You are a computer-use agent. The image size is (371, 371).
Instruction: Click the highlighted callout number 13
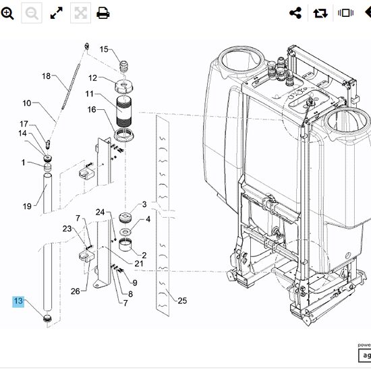(x=18, y=301)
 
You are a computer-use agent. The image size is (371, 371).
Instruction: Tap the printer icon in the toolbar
(x=103, y=13)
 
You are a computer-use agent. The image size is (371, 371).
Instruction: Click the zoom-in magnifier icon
(x=7, y=13)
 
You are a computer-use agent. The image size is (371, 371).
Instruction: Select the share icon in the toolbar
(x=295, y=13)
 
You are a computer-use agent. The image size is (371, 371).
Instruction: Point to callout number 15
(x=104, y=49)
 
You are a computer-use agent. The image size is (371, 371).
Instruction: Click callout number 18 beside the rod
(x=47, y=76)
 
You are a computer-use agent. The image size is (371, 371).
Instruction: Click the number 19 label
(x=27, y=206)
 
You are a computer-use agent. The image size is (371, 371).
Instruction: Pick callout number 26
(x=75, y=291)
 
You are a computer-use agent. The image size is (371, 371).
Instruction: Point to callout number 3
(x=144, y=204)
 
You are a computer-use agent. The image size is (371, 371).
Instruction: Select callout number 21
(x=139, y=263)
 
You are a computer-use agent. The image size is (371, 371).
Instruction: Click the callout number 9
(x=135, y=283)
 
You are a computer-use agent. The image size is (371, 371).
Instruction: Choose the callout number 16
(x=92, y=109)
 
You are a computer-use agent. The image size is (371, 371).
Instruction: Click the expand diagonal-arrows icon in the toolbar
(x=56, y=13)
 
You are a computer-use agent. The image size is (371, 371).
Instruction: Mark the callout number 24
(x=100, y=212)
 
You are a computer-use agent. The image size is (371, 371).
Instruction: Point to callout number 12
(x=93, y=78)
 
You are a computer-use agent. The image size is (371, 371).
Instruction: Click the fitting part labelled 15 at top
(x=124, y=66)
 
